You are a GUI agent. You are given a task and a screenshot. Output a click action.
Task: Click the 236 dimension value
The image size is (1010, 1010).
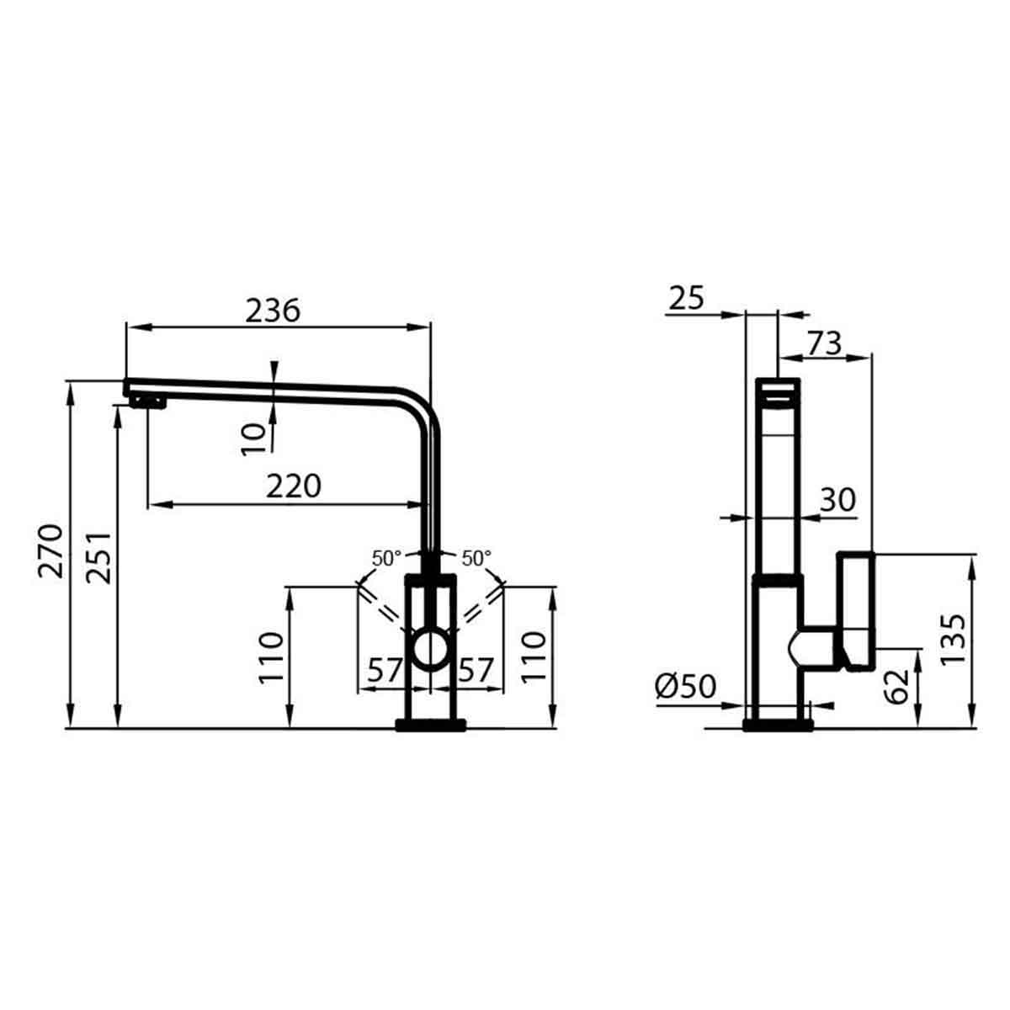[x=273, y=311]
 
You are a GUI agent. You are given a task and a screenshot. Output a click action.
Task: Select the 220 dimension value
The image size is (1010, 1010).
[x=294, y=486]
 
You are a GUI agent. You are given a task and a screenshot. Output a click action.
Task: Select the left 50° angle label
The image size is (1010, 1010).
[x=387, y=558]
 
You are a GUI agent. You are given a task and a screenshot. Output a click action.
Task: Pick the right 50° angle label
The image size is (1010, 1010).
[x=476, y=558]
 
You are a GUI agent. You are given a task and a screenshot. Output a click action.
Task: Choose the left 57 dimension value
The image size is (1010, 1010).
[x=385, y=671]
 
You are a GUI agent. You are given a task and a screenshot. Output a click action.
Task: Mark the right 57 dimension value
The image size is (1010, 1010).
[x=476, y=671]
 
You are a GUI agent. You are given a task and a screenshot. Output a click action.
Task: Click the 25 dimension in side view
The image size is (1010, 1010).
[x=686, y=298]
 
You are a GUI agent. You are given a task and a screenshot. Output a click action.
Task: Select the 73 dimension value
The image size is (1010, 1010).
[x=824, y=343]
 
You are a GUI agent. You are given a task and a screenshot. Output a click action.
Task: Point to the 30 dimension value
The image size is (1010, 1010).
[x=837, y=500]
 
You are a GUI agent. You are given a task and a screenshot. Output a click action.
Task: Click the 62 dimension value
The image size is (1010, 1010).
[x=899, y=686]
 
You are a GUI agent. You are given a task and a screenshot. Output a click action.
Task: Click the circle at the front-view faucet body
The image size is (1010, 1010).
[x=431, y=650]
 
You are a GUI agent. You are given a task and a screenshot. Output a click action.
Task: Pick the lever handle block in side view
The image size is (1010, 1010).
[x=857, y=610]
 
